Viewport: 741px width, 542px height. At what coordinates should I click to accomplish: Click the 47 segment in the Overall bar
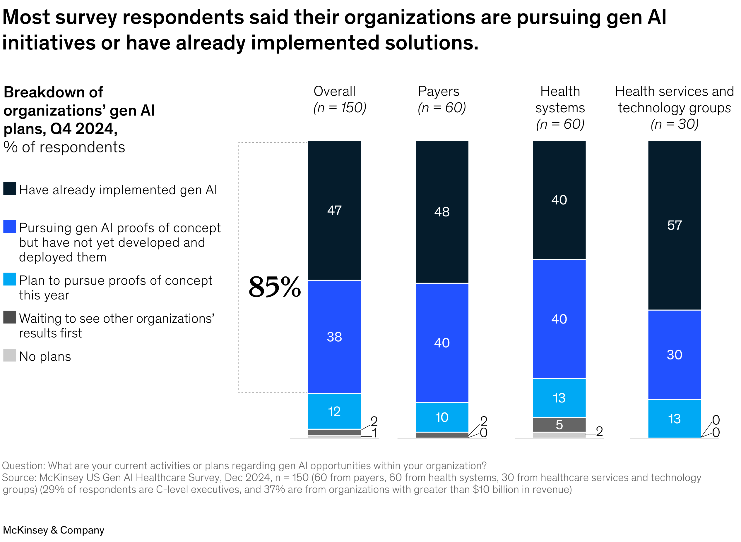click(334, 210)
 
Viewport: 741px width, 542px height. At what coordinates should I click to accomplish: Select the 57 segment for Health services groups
click(674, 225)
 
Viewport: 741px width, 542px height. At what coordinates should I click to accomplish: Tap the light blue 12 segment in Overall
click(334, 411)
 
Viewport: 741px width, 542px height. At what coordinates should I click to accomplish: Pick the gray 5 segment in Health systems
click(559, 424)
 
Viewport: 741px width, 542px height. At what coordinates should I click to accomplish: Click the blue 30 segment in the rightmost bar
click(674, 355)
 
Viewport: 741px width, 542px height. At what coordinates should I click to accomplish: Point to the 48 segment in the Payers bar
click(441, 211)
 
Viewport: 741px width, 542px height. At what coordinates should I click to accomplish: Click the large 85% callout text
click(274, 287)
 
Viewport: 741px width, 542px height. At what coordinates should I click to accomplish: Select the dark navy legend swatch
click(10, 189)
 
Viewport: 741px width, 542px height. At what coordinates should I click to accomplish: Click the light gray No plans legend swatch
click(10, 355)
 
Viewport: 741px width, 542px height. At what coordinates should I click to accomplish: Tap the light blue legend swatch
click(10, 279)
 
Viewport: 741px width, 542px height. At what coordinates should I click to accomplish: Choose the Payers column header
click(438, 91)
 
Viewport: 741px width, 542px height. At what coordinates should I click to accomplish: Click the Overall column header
click(334, 91)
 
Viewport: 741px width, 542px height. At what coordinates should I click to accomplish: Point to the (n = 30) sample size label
click(674, 124)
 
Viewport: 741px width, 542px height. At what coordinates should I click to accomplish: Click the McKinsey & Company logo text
click(54, 530)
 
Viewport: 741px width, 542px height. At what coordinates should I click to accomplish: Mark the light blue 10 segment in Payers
click(441, 417)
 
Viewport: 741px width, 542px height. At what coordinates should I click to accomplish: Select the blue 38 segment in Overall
click(334, 337)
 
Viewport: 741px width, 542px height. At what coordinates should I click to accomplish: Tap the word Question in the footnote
click(24, 466)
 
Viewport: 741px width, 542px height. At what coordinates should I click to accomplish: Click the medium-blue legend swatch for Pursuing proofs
click(10, 226)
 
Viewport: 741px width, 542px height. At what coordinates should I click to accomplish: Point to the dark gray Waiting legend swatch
click(10, 317)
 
